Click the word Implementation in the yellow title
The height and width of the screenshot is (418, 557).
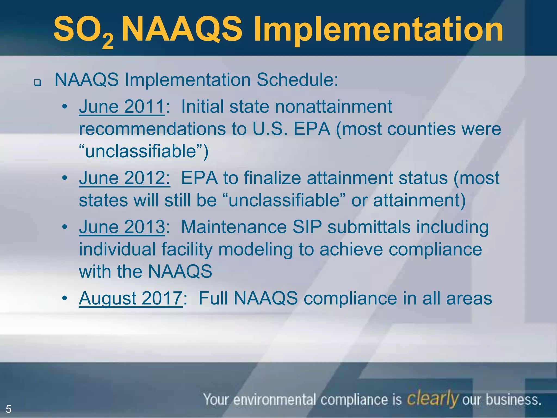[x=378, y=29]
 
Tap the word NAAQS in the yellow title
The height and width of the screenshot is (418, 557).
[x=182, y=29]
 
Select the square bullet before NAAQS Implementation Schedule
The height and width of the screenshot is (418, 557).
[x=37, y=82]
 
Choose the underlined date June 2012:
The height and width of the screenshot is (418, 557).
[x=125, y=178]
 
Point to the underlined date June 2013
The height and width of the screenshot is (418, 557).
[x=122, y=227]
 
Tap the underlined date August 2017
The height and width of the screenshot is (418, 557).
[x=131, y=298]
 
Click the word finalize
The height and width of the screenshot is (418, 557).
[x=272, y=178]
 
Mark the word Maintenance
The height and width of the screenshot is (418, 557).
[x=234, y=227]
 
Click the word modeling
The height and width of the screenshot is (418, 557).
[x=255, y=250]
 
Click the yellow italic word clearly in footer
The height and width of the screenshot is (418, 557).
[x=432, y=399]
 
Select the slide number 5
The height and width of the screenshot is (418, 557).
[x=8, y=409]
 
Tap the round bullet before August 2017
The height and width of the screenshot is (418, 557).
[x=64, y=299]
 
